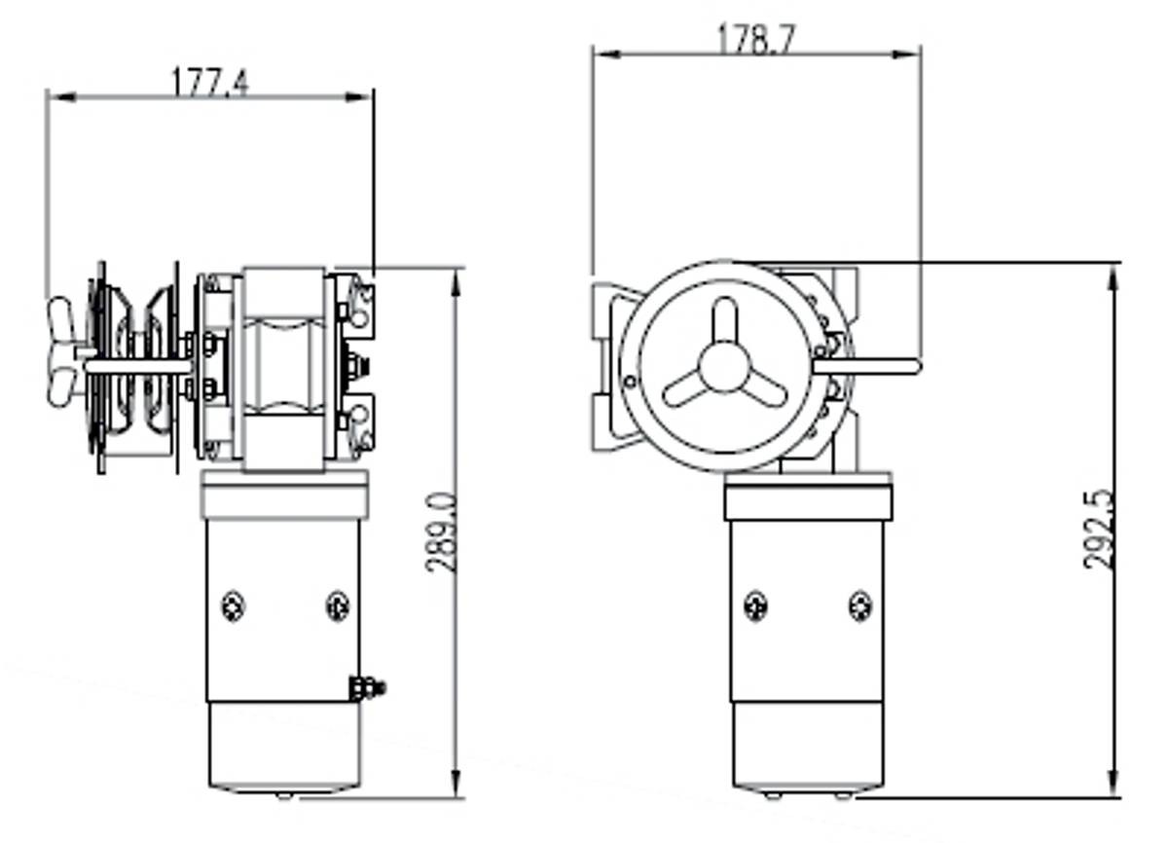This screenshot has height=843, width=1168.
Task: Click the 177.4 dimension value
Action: tap(210, 83)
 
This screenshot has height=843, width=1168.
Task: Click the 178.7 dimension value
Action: tap(756, 39)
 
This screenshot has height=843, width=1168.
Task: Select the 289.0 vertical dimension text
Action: tap(442, 532)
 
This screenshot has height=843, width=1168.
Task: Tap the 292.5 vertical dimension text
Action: tap(1099, 530)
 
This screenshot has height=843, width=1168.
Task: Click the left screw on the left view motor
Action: tap(233, 606)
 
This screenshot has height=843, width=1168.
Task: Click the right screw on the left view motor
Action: tap(338, 606)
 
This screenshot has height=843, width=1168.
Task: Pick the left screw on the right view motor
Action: tap(755, 606)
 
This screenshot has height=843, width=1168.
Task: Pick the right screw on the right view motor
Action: tap(860, 606)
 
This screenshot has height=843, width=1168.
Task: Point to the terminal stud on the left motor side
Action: tap(367, 688)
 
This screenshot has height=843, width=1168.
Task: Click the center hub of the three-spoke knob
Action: tap(724, 367)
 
